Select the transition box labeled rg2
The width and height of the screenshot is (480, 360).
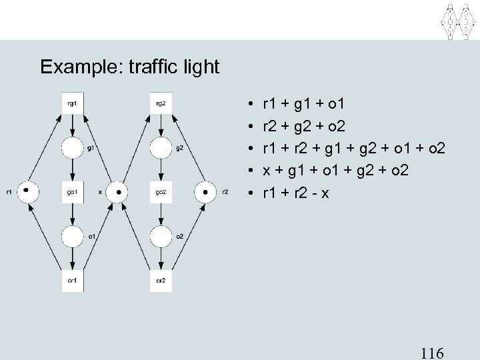[x=161, y=103]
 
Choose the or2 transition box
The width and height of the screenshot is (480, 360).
[x=161, y=280]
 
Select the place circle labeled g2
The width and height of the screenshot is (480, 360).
[x=161, y=148]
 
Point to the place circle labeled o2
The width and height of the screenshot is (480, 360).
[x=161, y=236]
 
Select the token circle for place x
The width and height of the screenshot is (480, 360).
[x=117, y=192]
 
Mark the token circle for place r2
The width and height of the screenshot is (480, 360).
[x=205, y=192]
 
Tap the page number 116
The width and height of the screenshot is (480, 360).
[x=433, y=353]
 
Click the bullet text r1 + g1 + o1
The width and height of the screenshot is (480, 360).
[x=303, y=103]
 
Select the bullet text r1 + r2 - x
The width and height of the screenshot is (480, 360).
[x=297, y=194]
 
